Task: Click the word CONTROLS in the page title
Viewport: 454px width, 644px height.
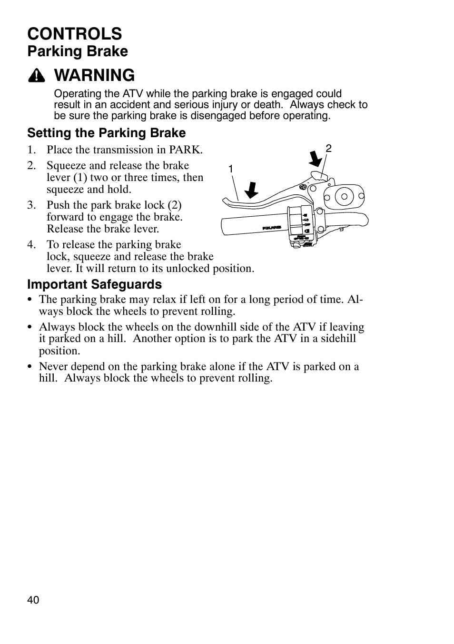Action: (74, 34)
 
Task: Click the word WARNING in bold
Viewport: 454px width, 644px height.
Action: (94, 75)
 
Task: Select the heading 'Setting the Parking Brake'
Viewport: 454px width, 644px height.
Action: (106, 132)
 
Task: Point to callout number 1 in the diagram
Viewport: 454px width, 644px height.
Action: (230, 169)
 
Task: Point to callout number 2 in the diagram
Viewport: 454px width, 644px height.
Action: (328, 149)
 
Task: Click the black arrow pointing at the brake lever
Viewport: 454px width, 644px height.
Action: (251, 190)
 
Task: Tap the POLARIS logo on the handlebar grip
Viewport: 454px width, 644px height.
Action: (272, 228)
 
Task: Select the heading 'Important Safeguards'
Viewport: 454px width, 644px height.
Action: (94, 284)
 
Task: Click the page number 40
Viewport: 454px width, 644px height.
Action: (33, 600)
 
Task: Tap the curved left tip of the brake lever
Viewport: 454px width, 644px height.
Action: (226, 201)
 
